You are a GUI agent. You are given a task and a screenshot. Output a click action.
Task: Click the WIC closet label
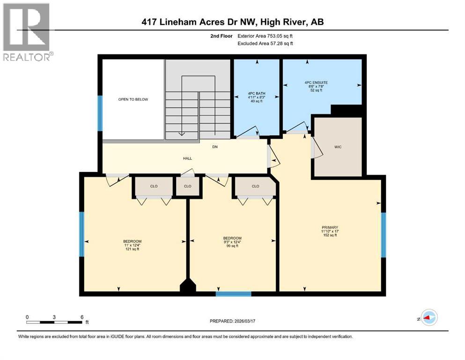[x=338, y=147]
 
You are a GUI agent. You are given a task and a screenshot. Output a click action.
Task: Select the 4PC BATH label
[x=257, y=93]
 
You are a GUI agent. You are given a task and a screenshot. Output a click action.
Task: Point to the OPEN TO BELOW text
[x=133, y=99]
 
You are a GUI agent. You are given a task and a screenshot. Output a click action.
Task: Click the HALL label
[x=187, y=158]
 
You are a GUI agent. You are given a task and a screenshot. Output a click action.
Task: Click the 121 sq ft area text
[x=132, y=249]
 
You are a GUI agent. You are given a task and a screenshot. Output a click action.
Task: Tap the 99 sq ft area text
[x=232, y=246]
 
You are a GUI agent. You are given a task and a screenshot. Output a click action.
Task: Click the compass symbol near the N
[x=429, y=318]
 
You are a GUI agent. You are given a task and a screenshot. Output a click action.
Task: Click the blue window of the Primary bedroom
[x=383, y=235]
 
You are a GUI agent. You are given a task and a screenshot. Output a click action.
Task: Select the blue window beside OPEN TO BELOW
[x=100, y=112]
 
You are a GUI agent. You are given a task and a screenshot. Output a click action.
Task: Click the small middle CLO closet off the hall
[x=188, y=186]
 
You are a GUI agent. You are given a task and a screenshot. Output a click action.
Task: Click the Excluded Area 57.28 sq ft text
[x=267, y=44]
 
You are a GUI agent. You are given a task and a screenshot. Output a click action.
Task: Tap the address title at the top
[x=232, y=22]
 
